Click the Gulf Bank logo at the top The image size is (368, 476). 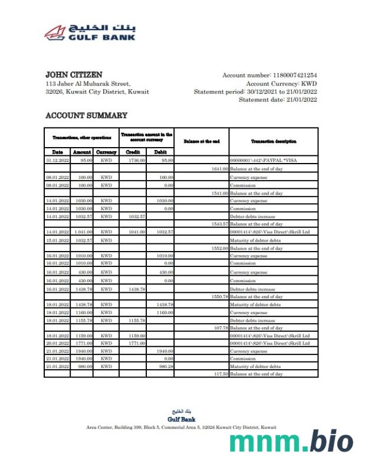pos(90,32)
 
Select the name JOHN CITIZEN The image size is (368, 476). pos(74,75)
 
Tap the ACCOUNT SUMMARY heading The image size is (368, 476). pos(86,116)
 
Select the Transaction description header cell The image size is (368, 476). pos(273,142)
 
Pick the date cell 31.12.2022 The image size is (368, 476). pos(57,160)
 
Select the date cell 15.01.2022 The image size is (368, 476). pos(57,240)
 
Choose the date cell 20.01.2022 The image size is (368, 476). pos(57,343)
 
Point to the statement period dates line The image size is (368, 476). pos(255,92)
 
